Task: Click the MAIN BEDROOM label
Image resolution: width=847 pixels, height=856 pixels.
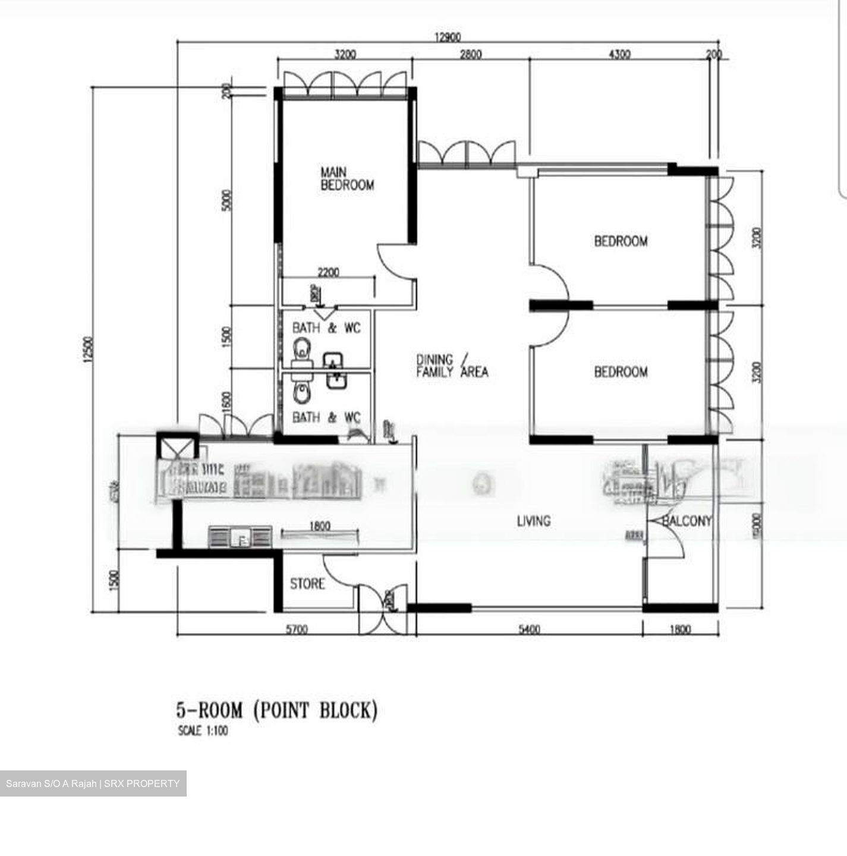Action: tap(347, 178)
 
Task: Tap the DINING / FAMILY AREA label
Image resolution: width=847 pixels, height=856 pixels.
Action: tap(452, 366)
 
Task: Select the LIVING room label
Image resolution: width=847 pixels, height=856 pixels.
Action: tap(533, 521)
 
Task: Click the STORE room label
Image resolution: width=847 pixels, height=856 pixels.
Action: tap(307, 584)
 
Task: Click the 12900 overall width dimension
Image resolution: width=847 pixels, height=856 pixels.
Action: tap(448, 37)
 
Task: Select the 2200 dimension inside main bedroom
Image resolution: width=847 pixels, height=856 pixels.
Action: tap(328, 272)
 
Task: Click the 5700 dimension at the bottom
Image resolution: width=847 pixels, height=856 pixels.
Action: tap(296, 629)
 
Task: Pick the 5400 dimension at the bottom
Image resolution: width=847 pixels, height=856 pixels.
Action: tap(529, 629)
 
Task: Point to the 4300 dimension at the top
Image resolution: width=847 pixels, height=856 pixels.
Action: tap(619, 54)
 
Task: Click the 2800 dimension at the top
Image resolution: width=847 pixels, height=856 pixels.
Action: tap(470, 54)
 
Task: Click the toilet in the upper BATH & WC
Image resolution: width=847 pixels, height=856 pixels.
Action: tap(302, 348)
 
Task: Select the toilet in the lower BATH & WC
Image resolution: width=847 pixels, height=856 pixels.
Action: tap(302, 391)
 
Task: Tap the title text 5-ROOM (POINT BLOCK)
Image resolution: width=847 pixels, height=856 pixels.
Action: tap(276, 710)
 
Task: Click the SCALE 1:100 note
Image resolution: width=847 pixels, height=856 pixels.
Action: tap(203, 731)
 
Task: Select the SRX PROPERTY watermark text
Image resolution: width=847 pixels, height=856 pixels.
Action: tap(141, 783)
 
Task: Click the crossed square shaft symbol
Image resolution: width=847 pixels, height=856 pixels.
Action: tap(177, 446)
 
